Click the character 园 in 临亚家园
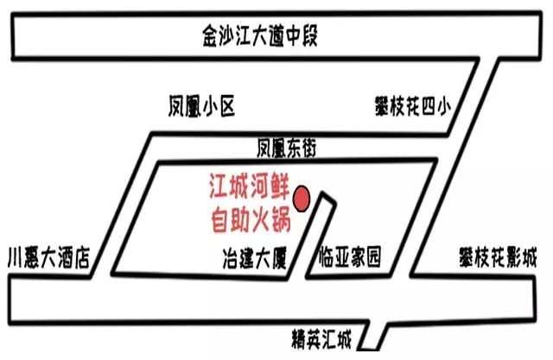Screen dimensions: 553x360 [372, 257]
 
